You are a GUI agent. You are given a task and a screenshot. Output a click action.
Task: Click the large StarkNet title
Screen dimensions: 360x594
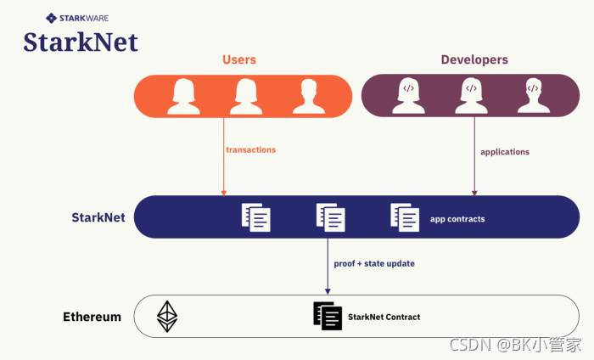(x=81, y=42)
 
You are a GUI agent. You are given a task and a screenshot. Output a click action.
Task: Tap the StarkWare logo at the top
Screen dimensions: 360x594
(x=77, y=17)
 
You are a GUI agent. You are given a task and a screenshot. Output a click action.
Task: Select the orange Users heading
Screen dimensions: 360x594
(x=239, y=60)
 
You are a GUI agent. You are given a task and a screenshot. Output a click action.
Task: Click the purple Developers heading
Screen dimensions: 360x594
(x=474, y=60)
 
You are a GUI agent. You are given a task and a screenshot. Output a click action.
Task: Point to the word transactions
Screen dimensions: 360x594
(x=250, y=150)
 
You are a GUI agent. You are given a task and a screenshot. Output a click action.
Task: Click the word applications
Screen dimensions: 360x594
(x=505, y=152)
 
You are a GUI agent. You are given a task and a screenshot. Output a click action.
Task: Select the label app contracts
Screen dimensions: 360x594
(x=457, y=219)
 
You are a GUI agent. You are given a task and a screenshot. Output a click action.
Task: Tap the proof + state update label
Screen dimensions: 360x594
(x=374, y=264)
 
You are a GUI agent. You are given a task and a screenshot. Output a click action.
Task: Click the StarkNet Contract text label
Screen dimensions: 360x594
(x=384, y=317)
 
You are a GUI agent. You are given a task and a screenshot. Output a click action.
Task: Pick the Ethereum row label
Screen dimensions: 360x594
(x=92, y=317)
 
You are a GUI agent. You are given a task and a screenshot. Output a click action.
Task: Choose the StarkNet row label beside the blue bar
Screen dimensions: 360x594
(x=98, y=217)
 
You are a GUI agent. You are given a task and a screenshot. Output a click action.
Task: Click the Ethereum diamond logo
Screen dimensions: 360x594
(x=167, y=316)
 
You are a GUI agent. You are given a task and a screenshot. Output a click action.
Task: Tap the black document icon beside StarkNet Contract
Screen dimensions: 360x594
(x=327, y=316)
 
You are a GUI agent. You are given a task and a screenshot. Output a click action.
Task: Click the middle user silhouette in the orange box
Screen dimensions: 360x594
(x=246, y=96)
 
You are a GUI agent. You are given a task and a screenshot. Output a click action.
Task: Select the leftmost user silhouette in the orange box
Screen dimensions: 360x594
(x=183, y=96)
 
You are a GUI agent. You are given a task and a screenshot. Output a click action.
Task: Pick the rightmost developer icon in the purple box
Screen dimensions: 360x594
(x=533, y=96)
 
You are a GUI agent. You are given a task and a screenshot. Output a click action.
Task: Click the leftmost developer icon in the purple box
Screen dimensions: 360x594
(x=408, y=96)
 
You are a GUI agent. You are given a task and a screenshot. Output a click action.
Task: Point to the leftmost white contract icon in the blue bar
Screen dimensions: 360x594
(x=256, y=217)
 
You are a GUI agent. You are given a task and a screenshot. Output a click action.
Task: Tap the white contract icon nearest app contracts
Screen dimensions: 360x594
(x=405, y=217)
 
